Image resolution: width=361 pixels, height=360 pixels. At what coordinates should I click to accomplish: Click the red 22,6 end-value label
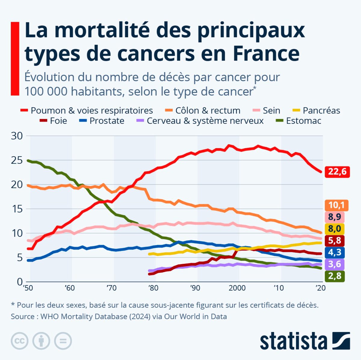click(337, 172)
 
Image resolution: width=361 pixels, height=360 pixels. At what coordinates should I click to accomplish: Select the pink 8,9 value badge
click(335, 217)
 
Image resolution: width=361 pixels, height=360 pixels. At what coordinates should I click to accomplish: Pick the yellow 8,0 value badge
click(335, 229)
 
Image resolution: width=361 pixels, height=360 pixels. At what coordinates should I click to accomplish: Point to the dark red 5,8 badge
click(335, 240)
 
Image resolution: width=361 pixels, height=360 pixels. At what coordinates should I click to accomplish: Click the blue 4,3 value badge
click(335, 252)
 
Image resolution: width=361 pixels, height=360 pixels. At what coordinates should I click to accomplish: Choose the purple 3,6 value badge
click(335, 264)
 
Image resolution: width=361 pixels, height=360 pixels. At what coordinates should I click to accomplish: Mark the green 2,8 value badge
click(335, 276)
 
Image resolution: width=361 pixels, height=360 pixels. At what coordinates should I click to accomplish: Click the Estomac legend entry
click(303, 121)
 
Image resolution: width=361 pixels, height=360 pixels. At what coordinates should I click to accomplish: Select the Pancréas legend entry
click(321, 111)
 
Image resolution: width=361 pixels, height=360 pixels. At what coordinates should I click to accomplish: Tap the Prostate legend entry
click(106, 121)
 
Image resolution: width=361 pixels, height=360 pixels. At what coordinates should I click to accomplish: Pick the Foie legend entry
click(58, 121)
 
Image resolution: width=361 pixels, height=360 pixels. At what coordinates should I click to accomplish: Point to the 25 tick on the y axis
click(17, 160)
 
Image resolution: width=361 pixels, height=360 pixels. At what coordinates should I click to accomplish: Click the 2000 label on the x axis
click(237, 288)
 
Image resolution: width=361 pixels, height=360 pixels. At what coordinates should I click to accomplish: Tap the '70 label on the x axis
click(111, 288)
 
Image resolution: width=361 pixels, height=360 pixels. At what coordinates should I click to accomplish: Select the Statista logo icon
click(341, 341)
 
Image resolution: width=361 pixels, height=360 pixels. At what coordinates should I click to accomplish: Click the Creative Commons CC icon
click(20, 341)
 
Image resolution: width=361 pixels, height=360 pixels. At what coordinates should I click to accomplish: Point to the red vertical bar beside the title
click(15, 59)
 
